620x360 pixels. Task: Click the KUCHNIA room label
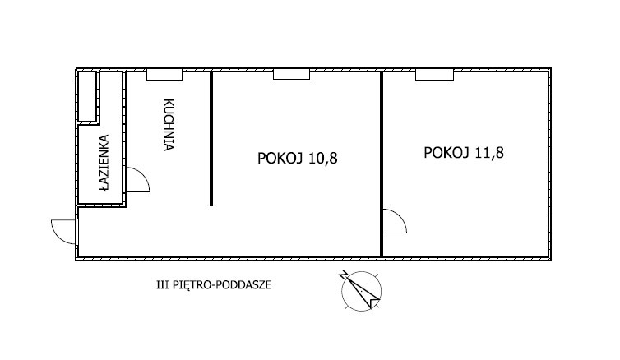point(169,125)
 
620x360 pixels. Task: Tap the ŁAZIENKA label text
point(104,163)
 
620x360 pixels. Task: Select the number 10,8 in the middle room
point(323,159)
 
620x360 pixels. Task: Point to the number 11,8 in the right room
point(489,153)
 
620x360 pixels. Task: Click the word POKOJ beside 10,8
point(280,159)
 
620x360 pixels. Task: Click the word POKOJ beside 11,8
point(446,153)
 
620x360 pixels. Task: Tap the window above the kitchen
point(164,74)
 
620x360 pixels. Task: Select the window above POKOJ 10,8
point(291,74)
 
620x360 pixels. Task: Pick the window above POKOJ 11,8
point(434,74)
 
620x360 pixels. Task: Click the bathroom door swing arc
point(143,174)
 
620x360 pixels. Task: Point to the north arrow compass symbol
point(362,291)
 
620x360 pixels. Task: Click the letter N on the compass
point(343,275)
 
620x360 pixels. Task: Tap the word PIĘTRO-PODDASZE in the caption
point(222,284)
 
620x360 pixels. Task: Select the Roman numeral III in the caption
point(163,284)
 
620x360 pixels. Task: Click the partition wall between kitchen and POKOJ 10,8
point(211,138)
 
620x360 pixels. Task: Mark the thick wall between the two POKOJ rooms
point(382,164)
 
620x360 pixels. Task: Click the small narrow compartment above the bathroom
point(87,96)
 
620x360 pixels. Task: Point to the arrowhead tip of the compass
point(371,308)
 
